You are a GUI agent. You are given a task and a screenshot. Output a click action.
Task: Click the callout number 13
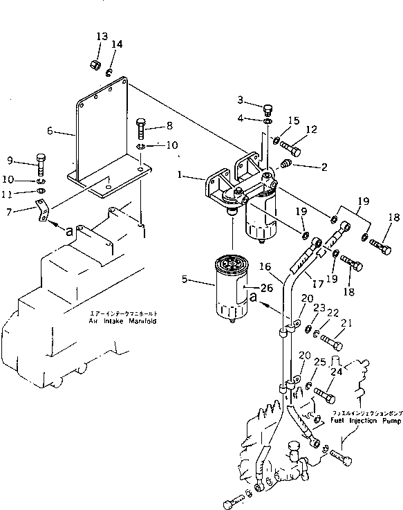[x=102, y=36]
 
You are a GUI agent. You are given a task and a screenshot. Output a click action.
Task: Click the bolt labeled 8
[x=141, y=127]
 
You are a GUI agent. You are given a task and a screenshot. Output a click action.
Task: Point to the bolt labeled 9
[x=40, y=163]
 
